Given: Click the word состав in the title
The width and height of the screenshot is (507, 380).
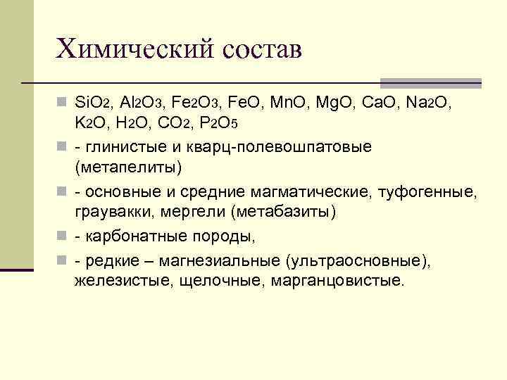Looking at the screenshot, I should (x=264, y=50).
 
